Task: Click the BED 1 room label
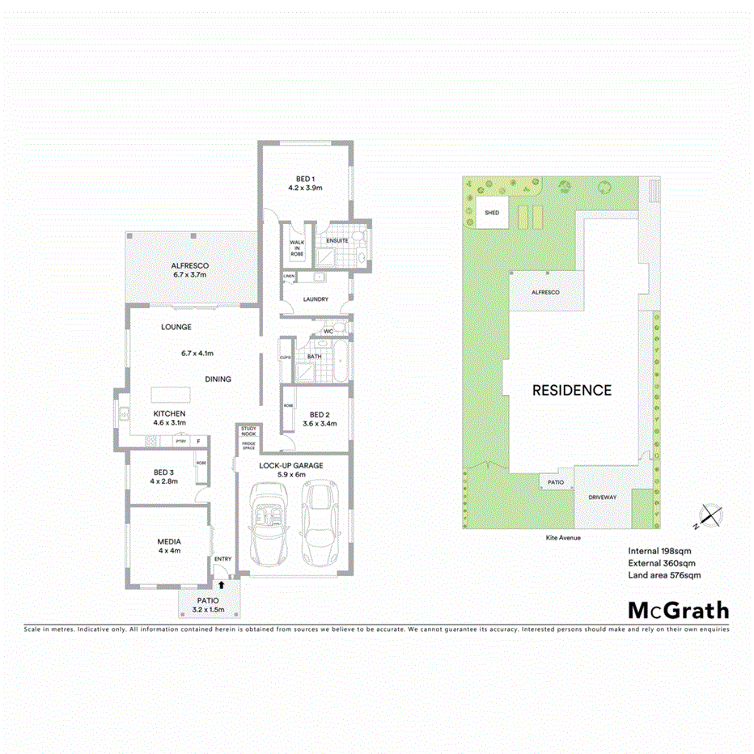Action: click(305, 178)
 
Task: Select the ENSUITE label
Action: click(337, 240)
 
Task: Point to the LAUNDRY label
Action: click(316, 299)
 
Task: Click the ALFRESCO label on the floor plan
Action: click(190, 266)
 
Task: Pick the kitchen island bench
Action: click(171, 394)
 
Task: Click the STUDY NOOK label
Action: click(248, 430)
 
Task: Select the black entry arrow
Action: click(222, 584)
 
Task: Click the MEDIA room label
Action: click(169, 542)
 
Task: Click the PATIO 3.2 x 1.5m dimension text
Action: click(208, 609)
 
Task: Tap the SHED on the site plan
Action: click(491, 213)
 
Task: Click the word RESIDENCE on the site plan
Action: click(571, 390)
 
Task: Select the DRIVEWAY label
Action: click(603, 498)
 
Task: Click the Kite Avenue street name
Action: click(564, 537)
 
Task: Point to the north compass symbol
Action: click(710, 515)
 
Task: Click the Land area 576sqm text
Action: click(663, 575)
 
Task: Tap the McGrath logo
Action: click(678, 611)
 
